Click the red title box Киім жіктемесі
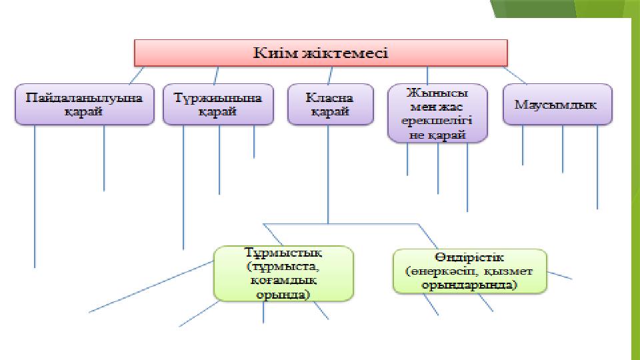(x=321, y=52)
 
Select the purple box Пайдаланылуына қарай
(x=84, y=104)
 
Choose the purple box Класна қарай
(x=330, y=104)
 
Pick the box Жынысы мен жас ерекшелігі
(x=437, y=113)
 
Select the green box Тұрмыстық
(x=283, y=273)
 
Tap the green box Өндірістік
(x=470, y=271)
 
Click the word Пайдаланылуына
(x=84, y=97)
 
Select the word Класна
(x=330, y=97)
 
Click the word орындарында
(x=470, y=285)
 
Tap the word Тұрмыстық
(x=283, y=253)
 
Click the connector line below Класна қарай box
(x=328, y=173)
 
